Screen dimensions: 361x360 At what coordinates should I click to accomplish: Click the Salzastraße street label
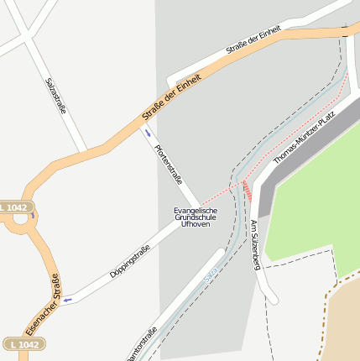[x=56, y=97]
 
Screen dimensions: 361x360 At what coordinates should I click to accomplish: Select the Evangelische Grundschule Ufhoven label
[x=195, y=217]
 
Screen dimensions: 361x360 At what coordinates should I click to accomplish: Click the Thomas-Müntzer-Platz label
[x=304, y=135]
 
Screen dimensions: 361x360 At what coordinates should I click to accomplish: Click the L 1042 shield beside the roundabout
[x=13, y=207]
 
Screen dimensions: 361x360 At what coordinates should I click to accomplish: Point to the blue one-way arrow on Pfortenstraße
[x=149, y=133]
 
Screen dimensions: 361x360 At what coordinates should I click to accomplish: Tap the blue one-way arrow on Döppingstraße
[x=67, y=299]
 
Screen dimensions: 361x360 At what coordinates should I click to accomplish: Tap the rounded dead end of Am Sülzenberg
[x=270, y=297]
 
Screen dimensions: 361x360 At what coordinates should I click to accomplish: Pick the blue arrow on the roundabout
[x=33, y=216]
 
